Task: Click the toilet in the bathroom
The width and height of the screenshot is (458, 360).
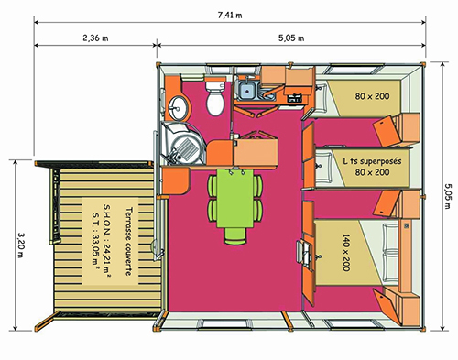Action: (215, 100)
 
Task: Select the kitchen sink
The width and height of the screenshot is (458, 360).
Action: (245, 89)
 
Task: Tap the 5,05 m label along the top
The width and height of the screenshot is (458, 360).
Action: (292, 38)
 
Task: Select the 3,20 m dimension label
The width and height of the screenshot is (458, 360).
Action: (20, 243)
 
